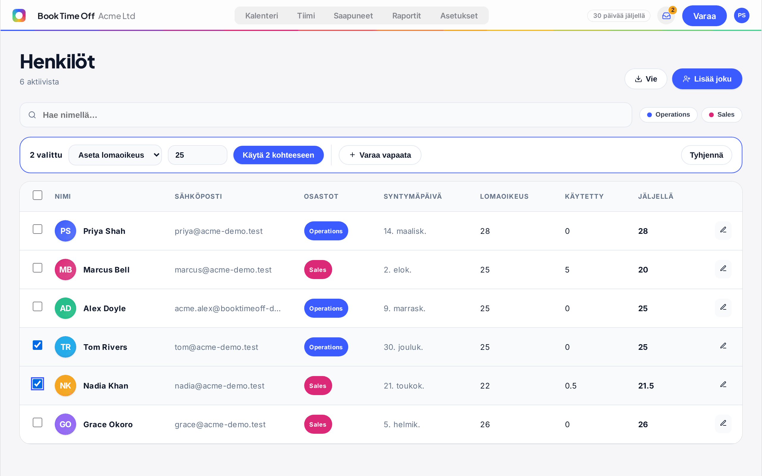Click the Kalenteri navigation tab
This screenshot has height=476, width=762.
pyautogui.click(x=261, y=16)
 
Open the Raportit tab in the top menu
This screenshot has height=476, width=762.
pyautogui.click(x=406, y=16)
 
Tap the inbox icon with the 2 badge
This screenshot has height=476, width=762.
pyautogui.click(x=666, y=16)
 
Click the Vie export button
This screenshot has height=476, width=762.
pyautogui.click(x=646, y=79)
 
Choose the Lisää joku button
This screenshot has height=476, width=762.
pyautogui.click(x=707, y=79)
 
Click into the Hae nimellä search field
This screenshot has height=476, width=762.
pyautogui.click(x=326, y=115)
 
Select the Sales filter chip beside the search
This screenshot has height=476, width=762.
pyautogui.click(x=722, y=115)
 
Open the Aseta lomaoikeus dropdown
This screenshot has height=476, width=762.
pyautogui.click(x=115, y=155)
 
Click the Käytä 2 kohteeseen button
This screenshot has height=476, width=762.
pyautogui.click(x=278, y=155)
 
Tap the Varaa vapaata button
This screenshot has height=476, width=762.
pyautogui.click(x=380, y=155)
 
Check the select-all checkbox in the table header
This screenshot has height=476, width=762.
pyautogui.click(x=38, y=195)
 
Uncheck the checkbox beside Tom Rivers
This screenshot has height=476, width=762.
pyautogui.click(x=38, y=345)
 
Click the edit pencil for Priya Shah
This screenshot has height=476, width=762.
pyautogui.click(x=723, y=230)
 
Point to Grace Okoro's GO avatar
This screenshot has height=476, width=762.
pyautogui.click(x=65, y=424)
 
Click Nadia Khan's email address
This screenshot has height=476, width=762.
pyautogui.click(x=219, y=386)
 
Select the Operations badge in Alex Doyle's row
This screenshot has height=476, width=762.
pyautogui.click(x=326, y=308)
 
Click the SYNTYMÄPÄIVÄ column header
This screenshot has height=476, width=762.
pyautogui.click(x=413, y=196)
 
